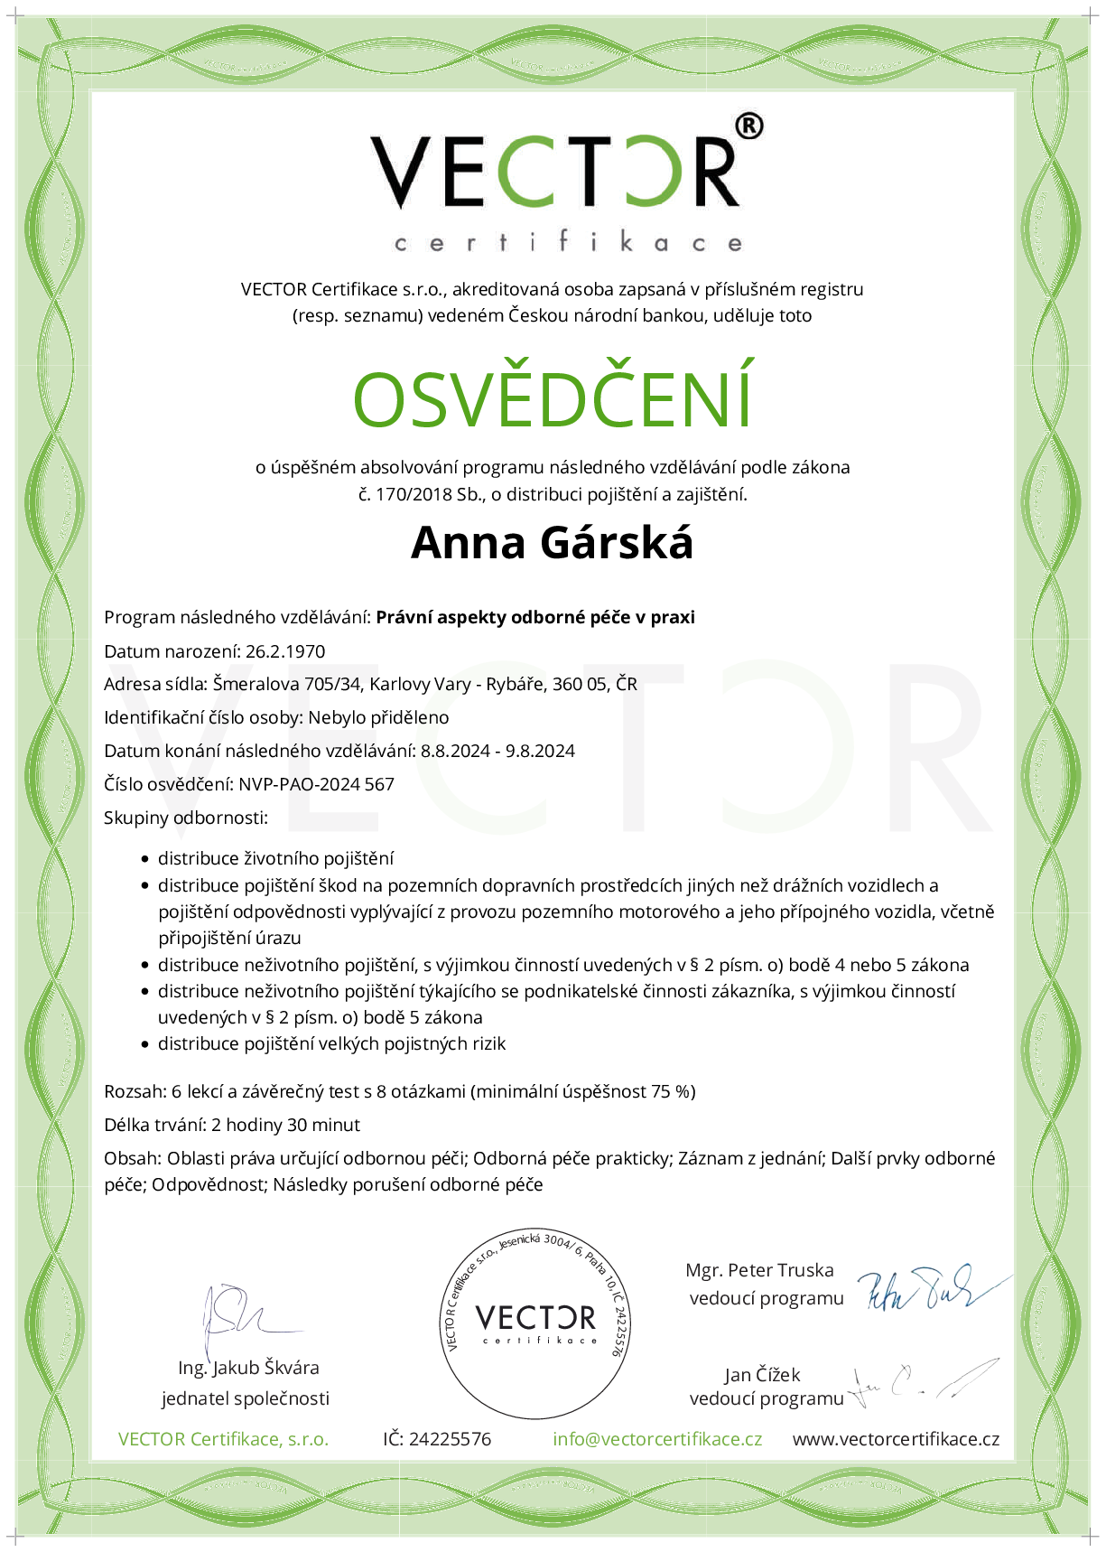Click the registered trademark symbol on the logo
pos(748,126)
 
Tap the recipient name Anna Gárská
pos(552,543)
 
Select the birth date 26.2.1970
pos(285,651)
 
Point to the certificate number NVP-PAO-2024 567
pos(316,784)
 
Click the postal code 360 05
pos(580,684)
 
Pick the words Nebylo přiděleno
pos(378,717)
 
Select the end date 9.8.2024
pos(540,751)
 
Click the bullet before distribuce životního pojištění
pos(145,859)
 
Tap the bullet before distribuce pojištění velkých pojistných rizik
pos(145,1044)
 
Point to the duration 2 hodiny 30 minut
pos(285,1125)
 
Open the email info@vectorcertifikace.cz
pos(657,1439)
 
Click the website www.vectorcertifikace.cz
pos(896,1439)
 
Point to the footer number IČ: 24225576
pos(437,1439)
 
